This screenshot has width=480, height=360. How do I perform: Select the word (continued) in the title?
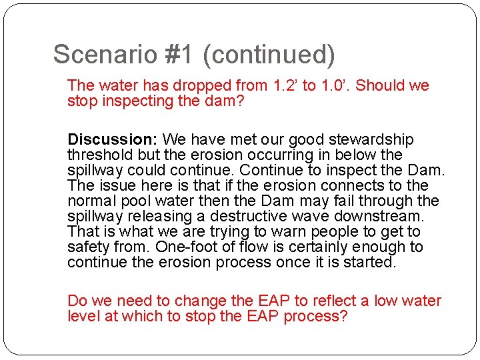coord(269,55)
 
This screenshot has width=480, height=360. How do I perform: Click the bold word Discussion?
coord(112,140)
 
